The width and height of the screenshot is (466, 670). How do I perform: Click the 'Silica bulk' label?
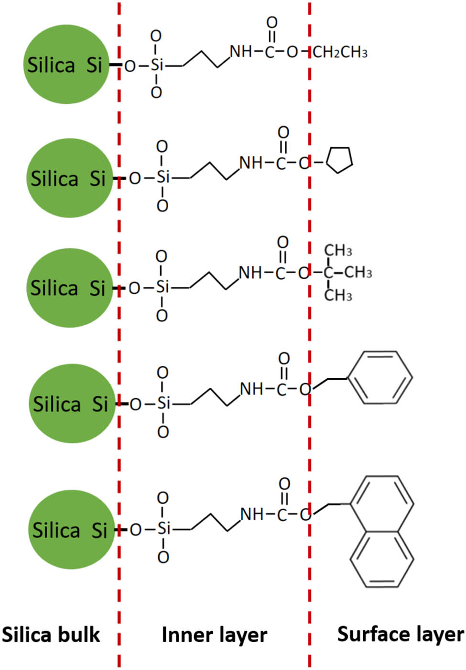[x=51, y=635]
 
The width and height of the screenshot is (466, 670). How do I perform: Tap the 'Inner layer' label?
[x=214, y=635]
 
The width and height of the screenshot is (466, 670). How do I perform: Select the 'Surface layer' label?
[x=401, y=634]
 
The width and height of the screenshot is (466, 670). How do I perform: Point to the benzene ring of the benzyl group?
[x=380, y=378]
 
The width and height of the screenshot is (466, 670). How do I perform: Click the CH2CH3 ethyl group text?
[x=340, y=52]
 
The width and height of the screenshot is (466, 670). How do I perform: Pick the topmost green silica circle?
[x=66, y=65]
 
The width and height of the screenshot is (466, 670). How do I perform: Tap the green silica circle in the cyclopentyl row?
[x=70, y=178]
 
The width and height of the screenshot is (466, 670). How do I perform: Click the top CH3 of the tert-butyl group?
[x=338, y=250]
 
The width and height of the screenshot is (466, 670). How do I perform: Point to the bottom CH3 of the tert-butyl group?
[x=338, y=295]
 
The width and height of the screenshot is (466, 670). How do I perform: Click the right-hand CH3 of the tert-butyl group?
[x=358, y=273]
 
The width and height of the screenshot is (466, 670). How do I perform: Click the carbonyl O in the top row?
[x=271, y=22]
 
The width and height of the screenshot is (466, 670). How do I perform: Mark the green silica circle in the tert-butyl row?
[x=70, y=287]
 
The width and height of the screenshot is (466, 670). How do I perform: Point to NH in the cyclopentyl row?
[x=251, y=163]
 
